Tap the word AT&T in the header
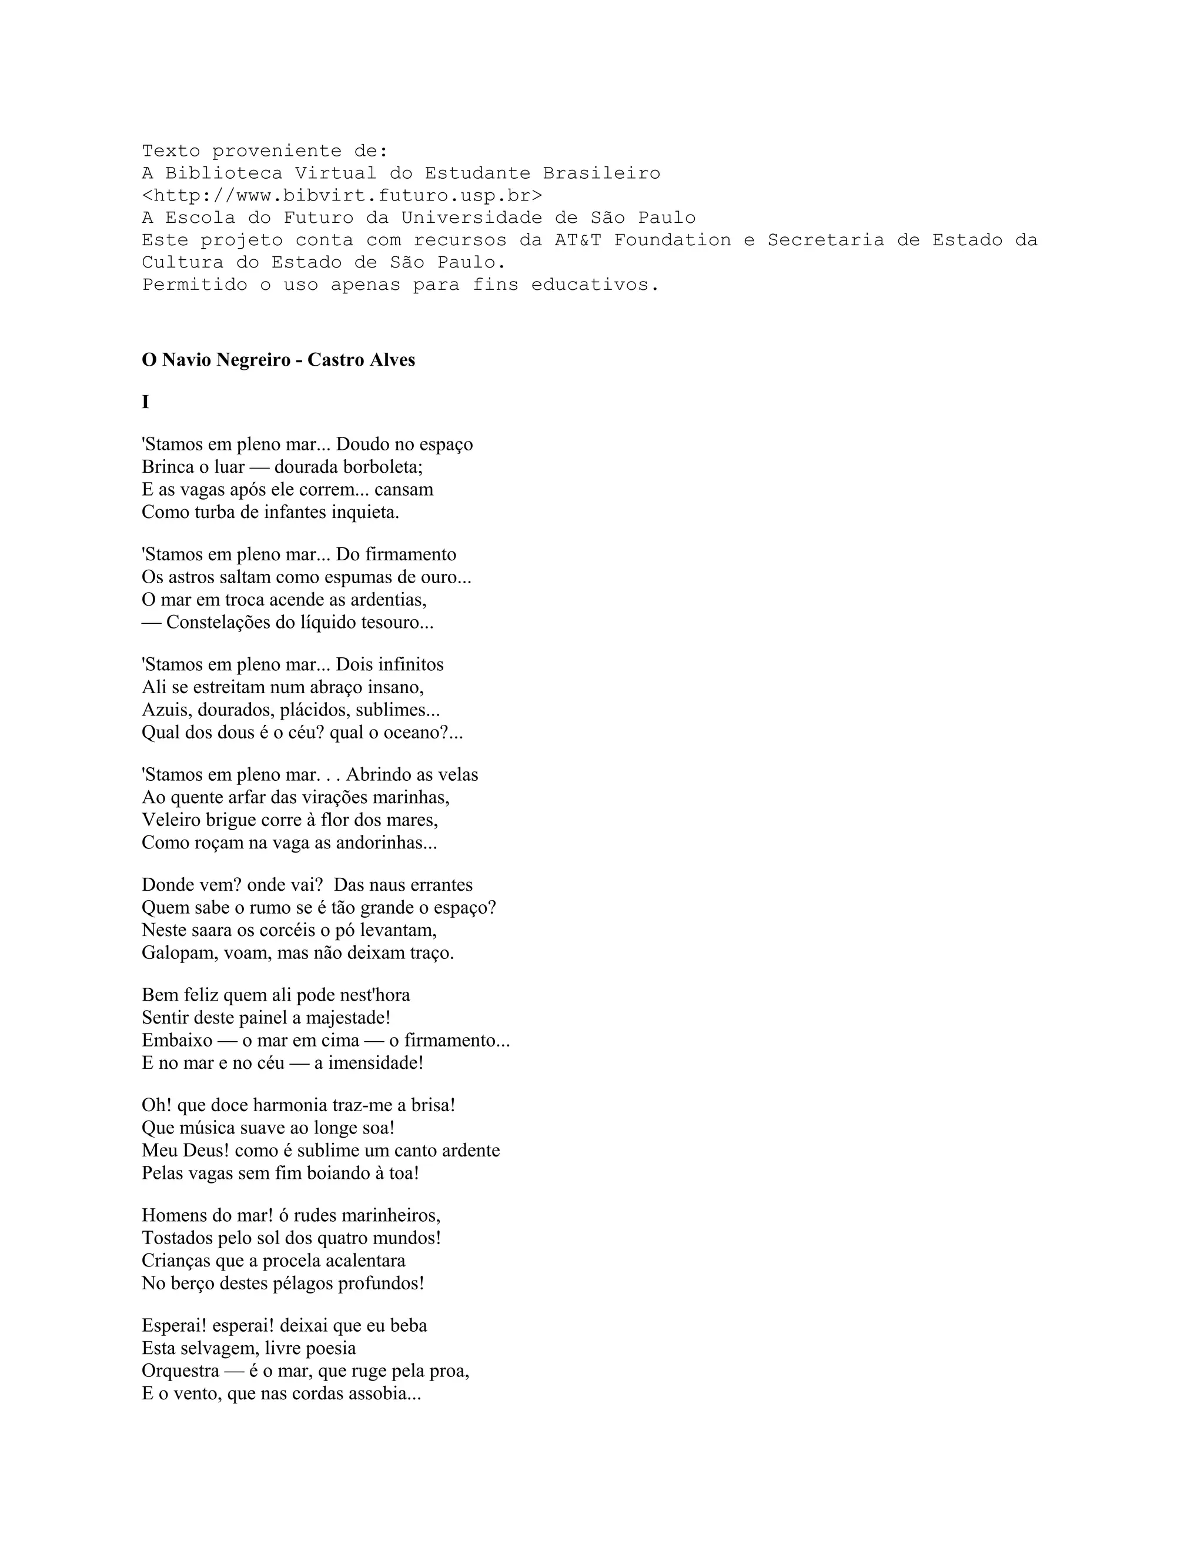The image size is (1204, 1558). [578, 240]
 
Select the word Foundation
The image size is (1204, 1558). [672, 240]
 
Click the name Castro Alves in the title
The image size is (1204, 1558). [361, 360]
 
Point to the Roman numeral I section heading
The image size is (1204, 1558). [146, 402]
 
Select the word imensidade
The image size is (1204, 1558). [375, 1063]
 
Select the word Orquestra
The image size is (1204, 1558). [180, 1371]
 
